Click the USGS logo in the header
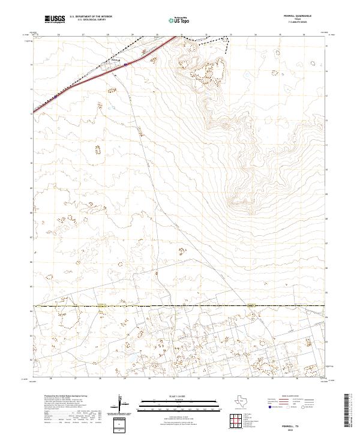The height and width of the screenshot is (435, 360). coord(55,19)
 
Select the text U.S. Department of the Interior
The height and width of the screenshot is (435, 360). coord(91,16)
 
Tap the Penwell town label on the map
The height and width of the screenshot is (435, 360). coord(115,60)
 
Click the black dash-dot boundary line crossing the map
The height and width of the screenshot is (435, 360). coord(180,306)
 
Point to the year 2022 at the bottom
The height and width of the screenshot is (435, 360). coord(293,428)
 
